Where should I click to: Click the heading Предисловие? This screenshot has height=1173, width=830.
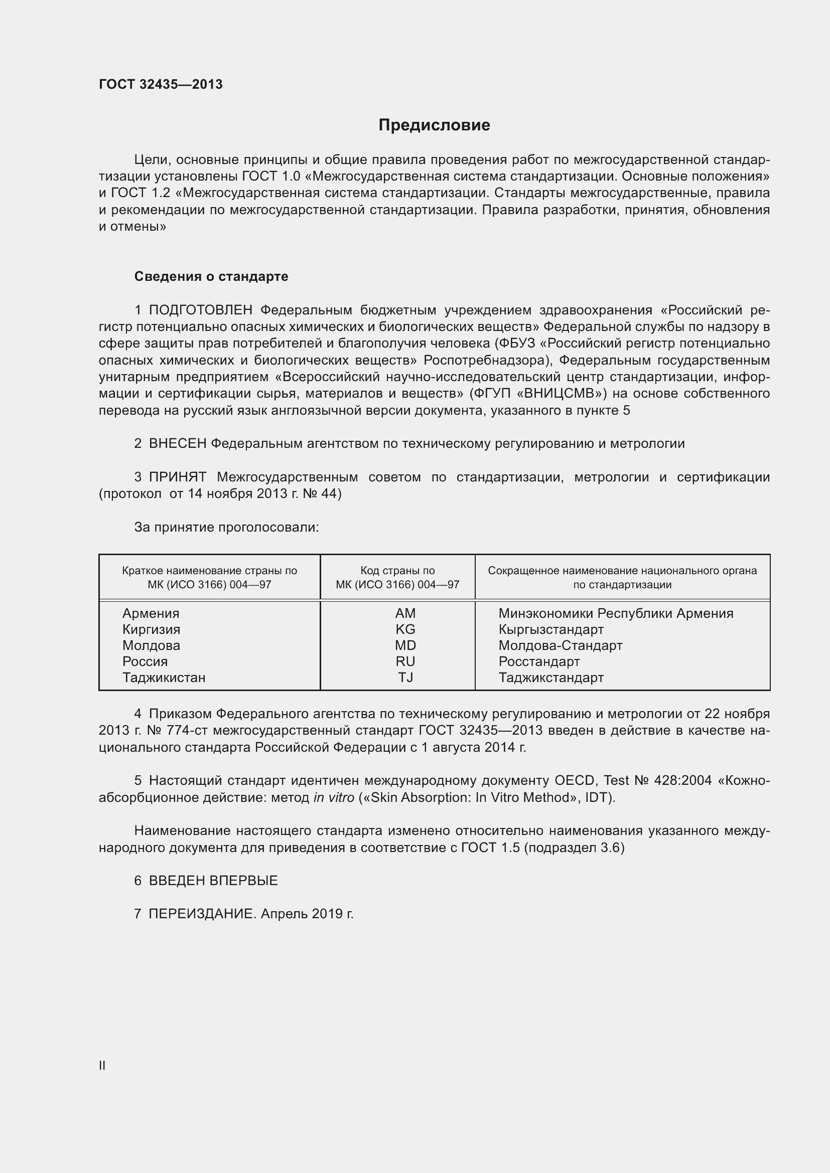click(x=434, y=125)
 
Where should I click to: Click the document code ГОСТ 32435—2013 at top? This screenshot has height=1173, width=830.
click(x=161, y=84)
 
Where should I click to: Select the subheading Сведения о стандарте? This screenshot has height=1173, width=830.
click(x=211, y=276)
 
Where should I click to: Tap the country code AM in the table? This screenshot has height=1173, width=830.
click(x=405, y=613)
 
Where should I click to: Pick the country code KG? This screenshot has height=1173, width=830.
click(x=405, y=629)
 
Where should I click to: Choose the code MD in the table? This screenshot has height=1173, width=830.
click(x=405, y=645)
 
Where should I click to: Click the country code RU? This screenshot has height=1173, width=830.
click(x=405, y=661)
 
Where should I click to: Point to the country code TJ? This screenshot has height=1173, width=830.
click(x=405, y=678)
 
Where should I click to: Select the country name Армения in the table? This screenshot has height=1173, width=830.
click(x=151, y=613)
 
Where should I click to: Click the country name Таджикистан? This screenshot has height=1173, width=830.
click(x=164, y=678)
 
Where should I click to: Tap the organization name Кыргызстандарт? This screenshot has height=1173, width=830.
click(x=551, y=629)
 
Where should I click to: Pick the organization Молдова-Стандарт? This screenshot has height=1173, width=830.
click(x=560, y=645)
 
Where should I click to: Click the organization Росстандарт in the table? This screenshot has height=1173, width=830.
click(x=539, y=661)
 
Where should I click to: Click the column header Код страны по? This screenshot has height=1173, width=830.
click(x=397, y=571)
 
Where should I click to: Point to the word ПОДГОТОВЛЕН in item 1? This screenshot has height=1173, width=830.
click(x=200, y=310)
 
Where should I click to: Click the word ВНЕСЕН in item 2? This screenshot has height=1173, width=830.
click(x=177, y=443)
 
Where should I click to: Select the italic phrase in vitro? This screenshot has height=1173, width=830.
click(x=334, y=797)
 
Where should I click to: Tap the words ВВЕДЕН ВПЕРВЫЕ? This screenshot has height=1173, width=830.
click(x=213, y=881)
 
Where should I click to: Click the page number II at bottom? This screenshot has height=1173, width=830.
click(x=102, y=1065)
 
